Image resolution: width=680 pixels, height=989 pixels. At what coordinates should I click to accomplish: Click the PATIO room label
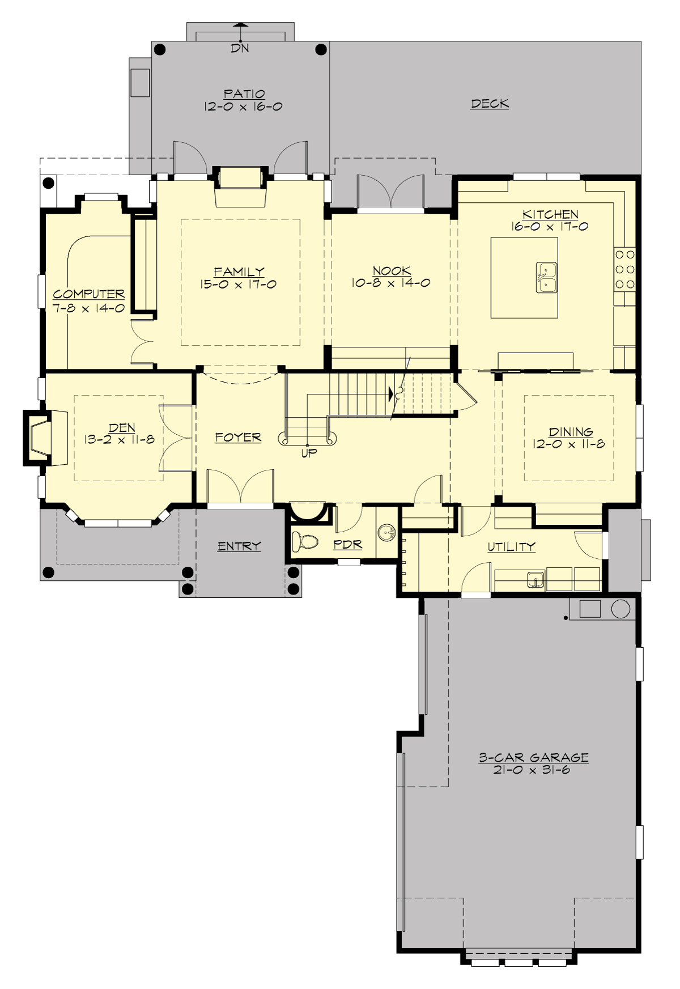point(244,94)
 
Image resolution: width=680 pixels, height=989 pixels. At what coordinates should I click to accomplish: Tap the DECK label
point(490,104)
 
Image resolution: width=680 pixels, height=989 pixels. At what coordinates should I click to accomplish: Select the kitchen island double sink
point(546,277)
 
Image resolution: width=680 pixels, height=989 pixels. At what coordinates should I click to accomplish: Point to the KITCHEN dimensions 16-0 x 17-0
point(550,227)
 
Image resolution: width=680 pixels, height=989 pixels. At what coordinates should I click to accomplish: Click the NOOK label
point(392,271)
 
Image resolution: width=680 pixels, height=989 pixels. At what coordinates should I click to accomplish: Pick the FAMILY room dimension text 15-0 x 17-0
point(238,285)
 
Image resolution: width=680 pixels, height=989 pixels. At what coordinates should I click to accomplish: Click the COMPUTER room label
point(89,294)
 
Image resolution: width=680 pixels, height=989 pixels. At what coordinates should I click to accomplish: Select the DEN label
point(121,428)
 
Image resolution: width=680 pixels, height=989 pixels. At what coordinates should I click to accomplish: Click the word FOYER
point(238,438)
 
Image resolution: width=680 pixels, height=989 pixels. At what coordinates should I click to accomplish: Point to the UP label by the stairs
point(309,453)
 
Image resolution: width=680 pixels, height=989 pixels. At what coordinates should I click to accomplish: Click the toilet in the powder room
point(304,542)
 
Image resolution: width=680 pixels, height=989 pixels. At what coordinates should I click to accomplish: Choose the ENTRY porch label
point(239,546)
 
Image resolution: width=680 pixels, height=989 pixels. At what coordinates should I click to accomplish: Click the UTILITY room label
point(511,547)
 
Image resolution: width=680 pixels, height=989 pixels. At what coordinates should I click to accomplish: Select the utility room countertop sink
point(535,580)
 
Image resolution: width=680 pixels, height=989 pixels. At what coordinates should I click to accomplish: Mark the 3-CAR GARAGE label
point(533,758)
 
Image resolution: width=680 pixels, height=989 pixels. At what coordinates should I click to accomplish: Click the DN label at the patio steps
point(240,49)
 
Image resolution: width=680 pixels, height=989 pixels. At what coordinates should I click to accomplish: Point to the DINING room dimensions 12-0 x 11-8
point(568,444)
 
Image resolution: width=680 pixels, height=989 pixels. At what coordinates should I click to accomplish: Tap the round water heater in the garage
point(620,609)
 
